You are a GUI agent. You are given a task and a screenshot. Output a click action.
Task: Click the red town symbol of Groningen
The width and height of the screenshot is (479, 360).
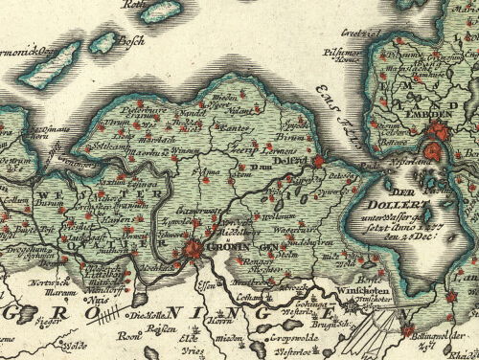pos(194,251)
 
